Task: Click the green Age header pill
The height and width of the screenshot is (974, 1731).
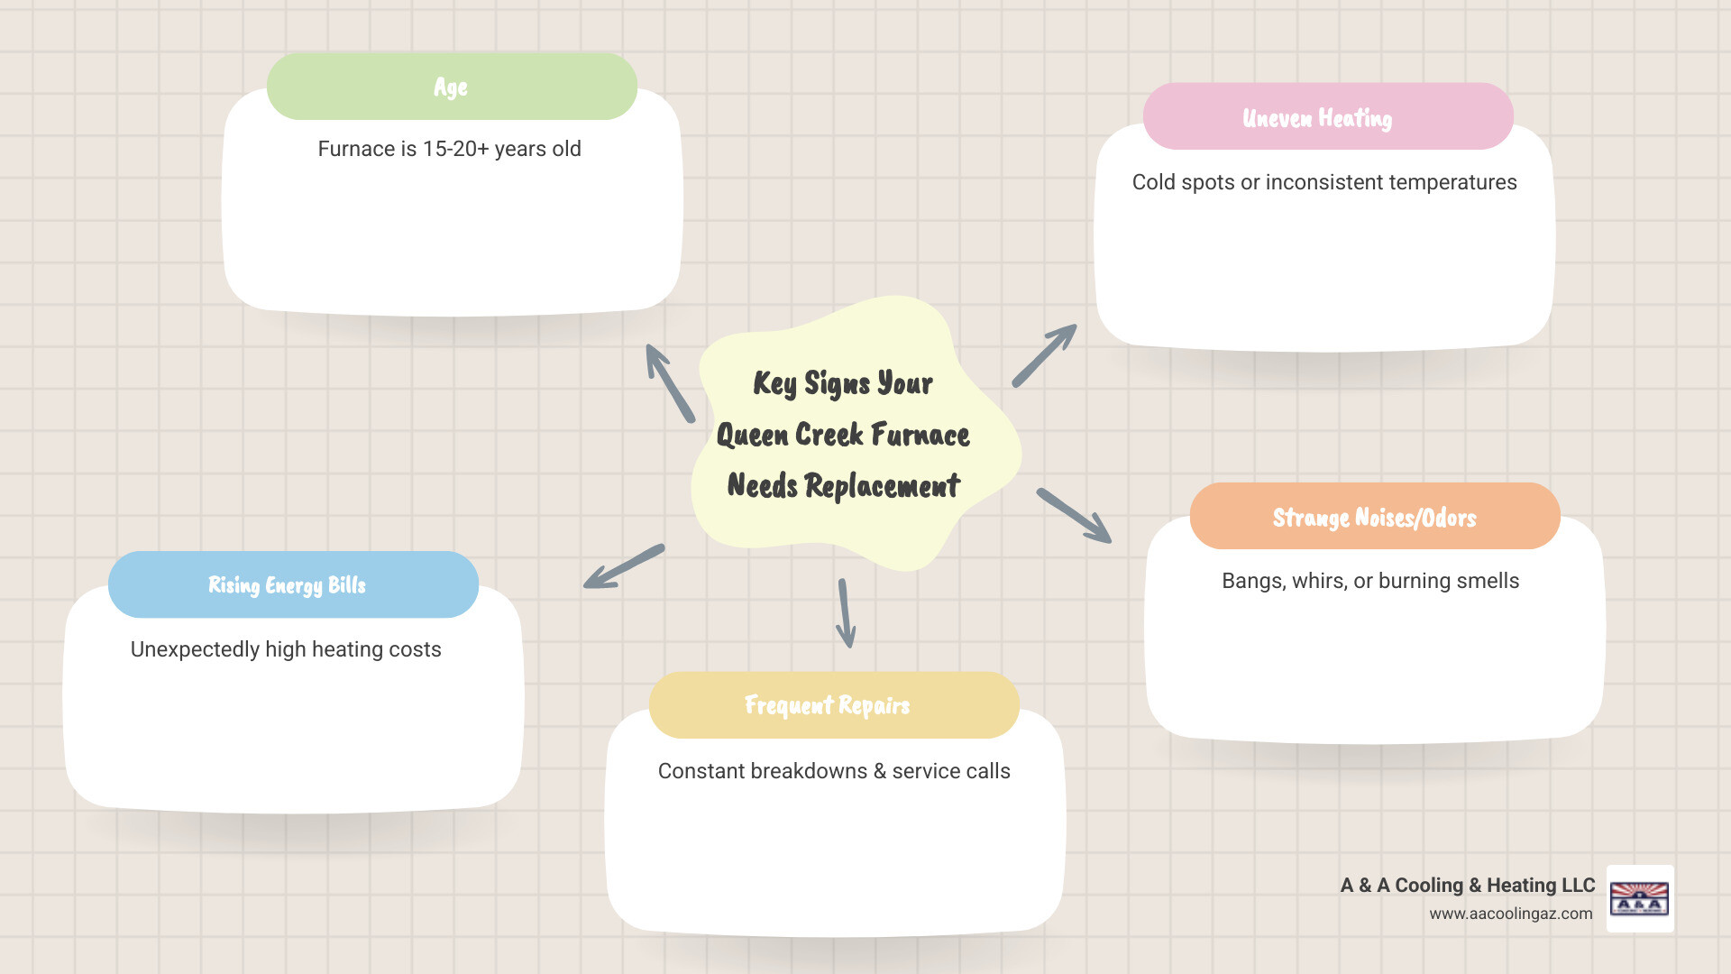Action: tap(452, 87)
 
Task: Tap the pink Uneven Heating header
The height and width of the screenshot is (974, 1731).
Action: tap(1327, 117)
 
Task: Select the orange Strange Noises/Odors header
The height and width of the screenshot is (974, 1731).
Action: tap(1374, 517)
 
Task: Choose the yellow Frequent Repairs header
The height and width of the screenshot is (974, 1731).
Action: tap(833, 705)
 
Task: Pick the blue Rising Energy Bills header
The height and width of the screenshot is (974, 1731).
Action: tap(292, 584)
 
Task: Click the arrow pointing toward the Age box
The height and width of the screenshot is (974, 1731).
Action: tap(670, 383)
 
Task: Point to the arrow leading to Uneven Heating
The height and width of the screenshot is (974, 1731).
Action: tap(1044, 355)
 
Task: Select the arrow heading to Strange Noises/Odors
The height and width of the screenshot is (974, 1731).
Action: tap(1074, 516)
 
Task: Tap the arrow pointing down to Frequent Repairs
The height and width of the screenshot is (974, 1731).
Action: tap(846, 613)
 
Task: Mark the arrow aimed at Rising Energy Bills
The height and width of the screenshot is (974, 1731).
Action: tap(624, 566)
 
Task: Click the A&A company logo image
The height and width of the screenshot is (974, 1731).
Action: tap(1639, 898)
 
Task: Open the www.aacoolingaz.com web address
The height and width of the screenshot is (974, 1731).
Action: tap(1510, 914)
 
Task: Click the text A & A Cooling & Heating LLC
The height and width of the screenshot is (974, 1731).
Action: tap(1467, 885)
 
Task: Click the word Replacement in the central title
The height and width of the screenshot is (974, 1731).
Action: tap(882, 486)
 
